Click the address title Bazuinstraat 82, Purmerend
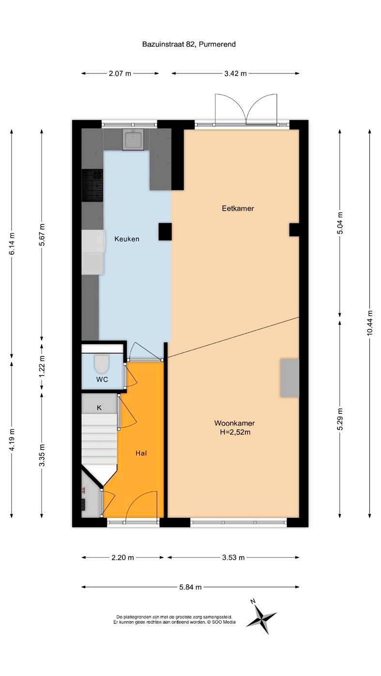click(x=189, y=44)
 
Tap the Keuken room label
click(x=127, y=239)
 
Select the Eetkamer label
click(x=238, y=208)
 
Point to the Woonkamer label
click(x=234, y=423)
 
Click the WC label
click(x=102, y=380)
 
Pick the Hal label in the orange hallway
click(x=141, y=453)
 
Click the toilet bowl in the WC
click(x=102, y=364)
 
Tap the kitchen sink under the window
click(x=133, y=139)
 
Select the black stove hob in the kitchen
click(x=92, y=185)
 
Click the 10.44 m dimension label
click(x=369, y=323)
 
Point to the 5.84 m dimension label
click(x=190, y=587)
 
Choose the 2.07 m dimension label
click(x=120, y=73)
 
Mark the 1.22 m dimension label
click(x=42, y=366)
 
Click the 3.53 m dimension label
click(x=233, y=558)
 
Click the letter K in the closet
click(x=99, y=408)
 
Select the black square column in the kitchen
click(x=165, y=232)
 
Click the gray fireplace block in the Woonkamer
click(x=290, y=378)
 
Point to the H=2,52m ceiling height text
click(x=235, y=432)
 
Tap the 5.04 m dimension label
click(x=340, y=223)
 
